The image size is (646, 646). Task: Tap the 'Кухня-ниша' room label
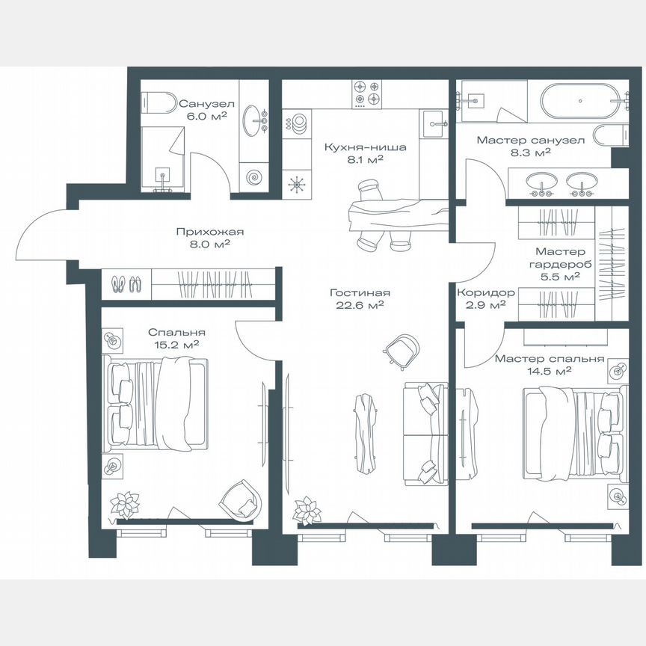pyautogui.click(x=365, y=147)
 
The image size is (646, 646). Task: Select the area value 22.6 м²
pyautogui.click(x=362, y=305)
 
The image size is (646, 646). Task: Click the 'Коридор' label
pyautogui.click(x=485, y=293)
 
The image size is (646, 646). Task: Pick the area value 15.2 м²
pyautogui.click(x=177, y=345)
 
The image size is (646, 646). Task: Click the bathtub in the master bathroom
pyautogui.click(x=579, y=99)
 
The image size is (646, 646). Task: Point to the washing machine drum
pyautogui.click(x=255, y=178)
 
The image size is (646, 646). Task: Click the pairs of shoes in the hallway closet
pyautogui.click(x=126, y=283)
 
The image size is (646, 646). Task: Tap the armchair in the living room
pyautogui.click(x=402, y=348)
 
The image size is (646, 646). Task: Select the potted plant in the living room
pyautogui.click(x=307, y=511)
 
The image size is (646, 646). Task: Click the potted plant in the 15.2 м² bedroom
pyautogui.click(x=124, y=504)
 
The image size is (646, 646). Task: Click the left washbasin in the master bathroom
pyautogui.click(x=540, y=182)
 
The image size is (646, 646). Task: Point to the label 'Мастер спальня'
pyautogui.click(x=549, y=358)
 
